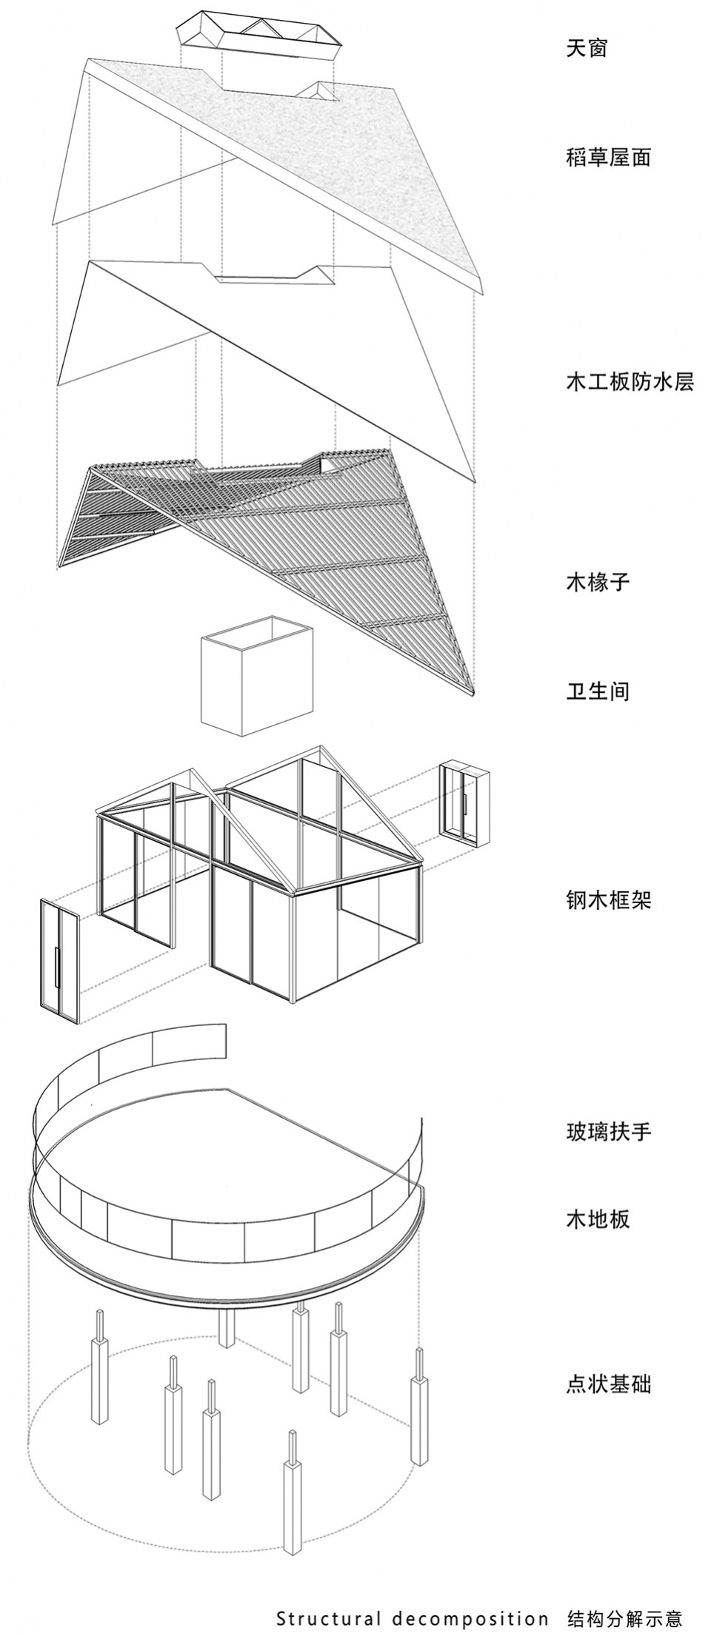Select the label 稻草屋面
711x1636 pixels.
click(x=608, y=157)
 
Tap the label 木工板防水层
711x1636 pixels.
click(x=630, y=381)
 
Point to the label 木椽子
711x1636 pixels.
click(x=597, y=581)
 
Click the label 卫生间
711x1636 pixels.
click(x=597, y=691)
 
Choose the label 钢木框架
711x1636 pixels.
click(x=608, y=900)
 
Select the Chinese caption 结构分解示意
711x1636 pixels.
click(x=624, y=1612)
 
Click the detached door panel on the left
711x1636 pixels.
click(x=58, y=951)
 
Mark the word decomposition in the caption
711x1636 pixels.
click(x=467, y=1612)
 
